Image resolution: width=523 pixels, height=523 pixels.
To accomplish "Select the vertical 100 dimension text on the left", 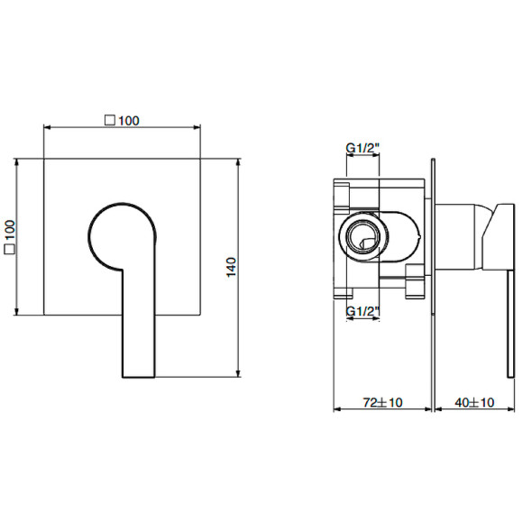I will [x=10, y=238].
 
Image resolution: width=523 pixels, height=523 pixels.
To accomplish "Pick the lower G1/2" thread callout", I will [x=362, y=311].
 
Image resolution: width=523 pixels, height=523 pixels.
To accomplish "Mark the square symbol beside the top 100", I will [x=109, y=120].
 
